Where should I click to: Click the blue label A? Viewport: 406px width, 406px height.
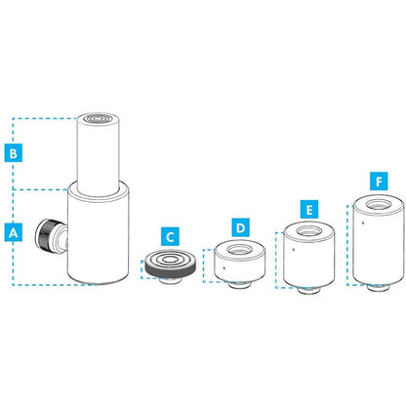[x=14, y=232]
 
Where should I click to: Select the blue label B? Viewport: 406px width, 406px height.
[x=14, y=152]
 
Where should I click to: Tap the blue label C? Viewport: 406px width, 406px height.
[x=170, y=236]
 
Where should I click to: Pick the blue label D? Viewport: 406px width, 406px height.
[x=240, y=227]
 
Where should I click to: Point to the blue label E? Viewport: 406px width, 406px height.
[x=309, y=209]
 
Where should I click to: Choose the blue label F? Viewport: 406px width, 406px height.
[x=379, y=182]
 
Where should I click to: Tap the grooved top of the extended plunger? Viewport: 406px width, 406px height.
[x=99, y=118]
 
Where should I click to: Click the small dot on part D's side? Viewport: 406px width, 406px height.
[x=223, y=268]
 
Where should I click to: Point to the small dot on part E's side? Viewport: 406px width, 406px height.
[x=293, y=250]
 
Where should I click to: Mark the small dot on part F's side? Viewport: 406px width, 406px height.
[x=363, y=223]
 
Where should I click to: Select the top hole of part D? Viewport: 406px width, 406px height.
[x=240, y=250]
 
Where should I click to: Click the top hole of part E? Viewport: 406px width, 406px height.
[x=309, y=231]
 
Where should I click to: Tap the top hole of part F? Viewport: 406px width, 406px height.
[x=379, y=205]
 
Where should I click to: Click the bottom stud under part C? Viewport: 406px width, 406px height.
[x=170, y=280]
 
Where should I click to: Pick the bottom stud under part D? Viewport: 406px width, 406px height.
[x=239, y=285]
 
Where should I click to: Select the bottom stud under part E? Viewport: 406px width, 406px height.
[x=309, y=290]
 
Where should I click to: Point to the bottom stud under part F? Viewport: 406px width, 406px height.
[x=379, y=288]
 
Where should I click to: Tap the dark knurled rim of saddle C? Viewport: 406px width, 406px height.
[x=171, y=270]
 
